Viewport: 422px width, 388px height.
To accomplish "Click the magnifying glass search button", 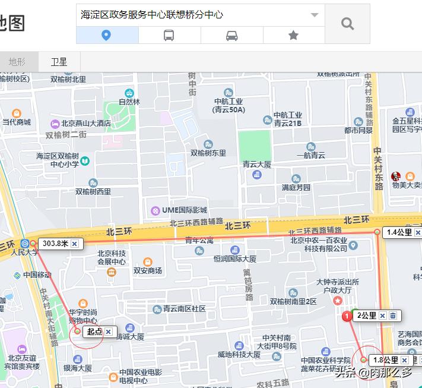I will pyautogui.click(x=347, y=24).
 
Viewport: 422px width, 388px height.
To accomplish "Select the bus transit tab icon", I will pyautogui.click(x=169, y=36).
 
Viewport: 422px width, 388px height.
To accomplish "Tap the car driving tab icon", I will pyautogui.click(x=232, y=36).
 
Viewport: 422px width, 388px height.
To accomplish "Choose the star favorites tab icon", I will pyautogui.click(x=293, y=36).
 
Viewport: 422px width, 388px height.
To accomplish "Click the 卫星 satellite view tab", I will pyautogui.click(x=59, y=62).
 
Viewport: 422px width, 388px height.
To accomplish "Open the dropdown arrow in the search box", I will pyautogui.click(x=315, y=15).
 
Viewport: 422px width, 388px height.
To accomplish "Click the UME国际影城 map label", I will pyautogui.click(x=183, y=210).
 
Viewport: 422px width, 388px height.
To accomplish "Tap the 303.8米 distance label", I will pyautogui.click(x=56, y=244).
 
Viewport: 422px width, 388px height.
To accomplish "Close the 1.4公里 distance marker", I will pyautogui.click(x=418, y=233).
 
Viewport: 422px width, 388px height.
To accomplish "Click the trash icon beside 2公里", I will pyautogui.click(x=393, y=316).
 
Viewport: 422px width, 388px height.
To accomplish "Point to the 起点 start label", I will pyautogui.click(x=94, y=332).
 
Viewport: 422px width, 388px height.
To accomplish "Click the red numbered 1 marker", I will pyautogui.click(x=347, y=317).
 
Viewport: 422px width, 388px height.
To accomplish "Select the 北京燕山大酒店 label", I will pyautogui.click(x=86, y=124).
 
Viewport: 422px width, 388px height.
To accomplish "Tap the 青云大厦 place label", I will pyautogui.click(x=257, y=165).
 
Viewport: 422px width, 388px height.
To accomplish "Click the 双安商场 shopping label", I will pyautogui.click(x=148, y=270).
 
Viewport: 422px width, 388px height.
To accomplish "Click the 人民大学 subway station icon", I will pyautogui.click(x=25, y=243).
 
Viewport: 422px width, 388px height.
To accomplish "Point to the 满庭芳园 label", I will pyautogui.click(x=296, y=187).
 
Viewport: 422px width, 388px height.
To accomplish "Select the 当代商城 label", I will pyautogui.click(x=17, y=122).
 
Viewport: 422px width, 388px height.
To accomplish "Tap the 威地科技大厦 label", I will pyautogui.click(x=239, y=355).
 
